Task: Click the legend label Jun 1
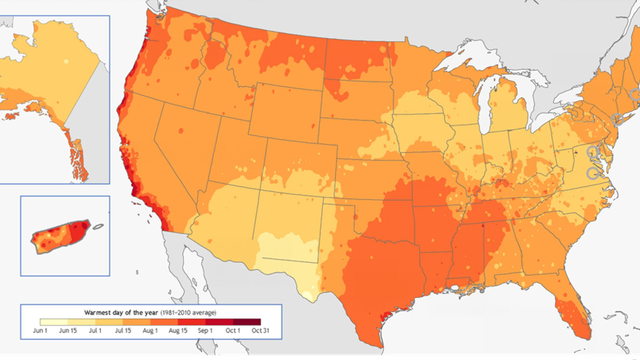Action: point(40,331)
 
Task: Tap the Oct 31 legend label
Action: point(260,331)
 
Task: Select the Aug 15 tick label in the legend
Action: point(178,331)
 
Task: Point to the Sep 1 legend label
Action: point(205,331)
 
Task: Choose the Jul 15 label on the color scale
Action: point(123,331)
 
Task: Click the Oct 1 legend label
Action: point(233,331)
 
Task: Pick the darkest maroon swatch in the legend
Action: point(247,322)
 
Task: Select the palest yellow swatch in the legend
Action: point(54,322)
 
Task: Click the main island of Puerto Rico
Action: point(60,236)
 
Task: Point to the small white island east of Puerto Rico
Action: point(99,227)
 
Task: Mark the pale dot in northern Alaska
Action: point(66,62)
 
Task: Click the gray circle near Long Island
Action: point(617,119)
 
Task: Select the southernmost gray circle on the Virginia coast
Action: point(593,173)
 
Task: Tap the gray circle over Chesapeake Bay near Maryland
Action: point(593,151)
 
